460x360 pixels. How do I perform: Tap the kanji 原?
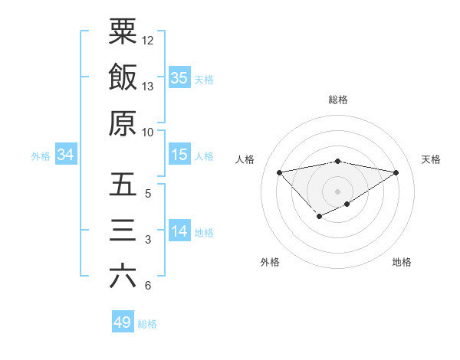coord(123,123)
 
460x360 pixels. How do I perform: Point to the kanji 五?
coord(123,185)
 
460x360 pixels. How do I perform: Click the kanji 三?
coord(123,231)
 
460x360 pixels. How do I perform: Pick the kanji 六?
coord(123,277)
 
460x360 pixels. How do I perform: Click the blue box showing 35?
coord(179,77)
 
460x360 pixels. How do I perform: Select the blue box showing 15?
coord(179,155)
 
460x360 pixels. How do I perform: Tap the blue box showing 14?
coord(179,231)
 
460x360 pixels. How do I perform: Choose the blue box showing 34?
coord(65,155)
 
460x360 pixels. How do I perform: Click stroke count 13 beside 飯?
coord(148,87)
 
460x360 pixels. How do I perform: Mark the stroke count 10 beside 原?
coord(148,132)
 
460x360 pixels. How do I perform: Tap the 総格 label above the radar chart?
coord(338,100)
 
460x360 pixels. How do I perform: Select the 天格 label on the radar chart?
coord(432,159)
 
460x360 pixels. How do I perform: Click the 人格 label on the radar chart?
coord(245,159)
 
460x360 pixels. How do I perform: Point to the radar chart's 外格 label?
coord(270,263)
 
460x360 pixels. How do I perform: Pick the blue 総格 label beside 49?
coord(148,324)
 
